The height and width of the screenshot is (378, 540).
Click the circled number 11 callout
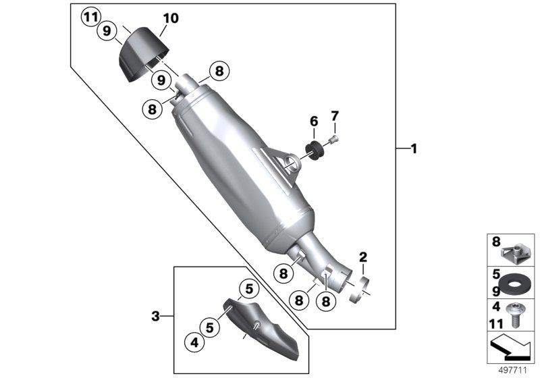click(90, 17)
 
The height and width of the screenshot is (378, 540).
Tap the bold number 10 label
click(171, 18)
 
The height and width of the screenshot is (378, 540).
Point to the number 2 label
click(362, 256)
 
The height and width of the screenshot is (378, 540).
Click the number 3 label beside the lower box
click(155, 315)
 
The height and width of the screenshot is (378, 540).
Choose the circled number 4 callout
click(195, 342)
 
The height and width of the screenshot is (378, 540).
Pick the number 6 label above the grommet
click(313, 122)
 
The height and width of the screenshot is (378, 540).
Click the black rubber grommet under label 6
click(314, 148)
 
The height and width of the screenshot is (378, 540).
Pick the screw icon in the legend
click(518, 316)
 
